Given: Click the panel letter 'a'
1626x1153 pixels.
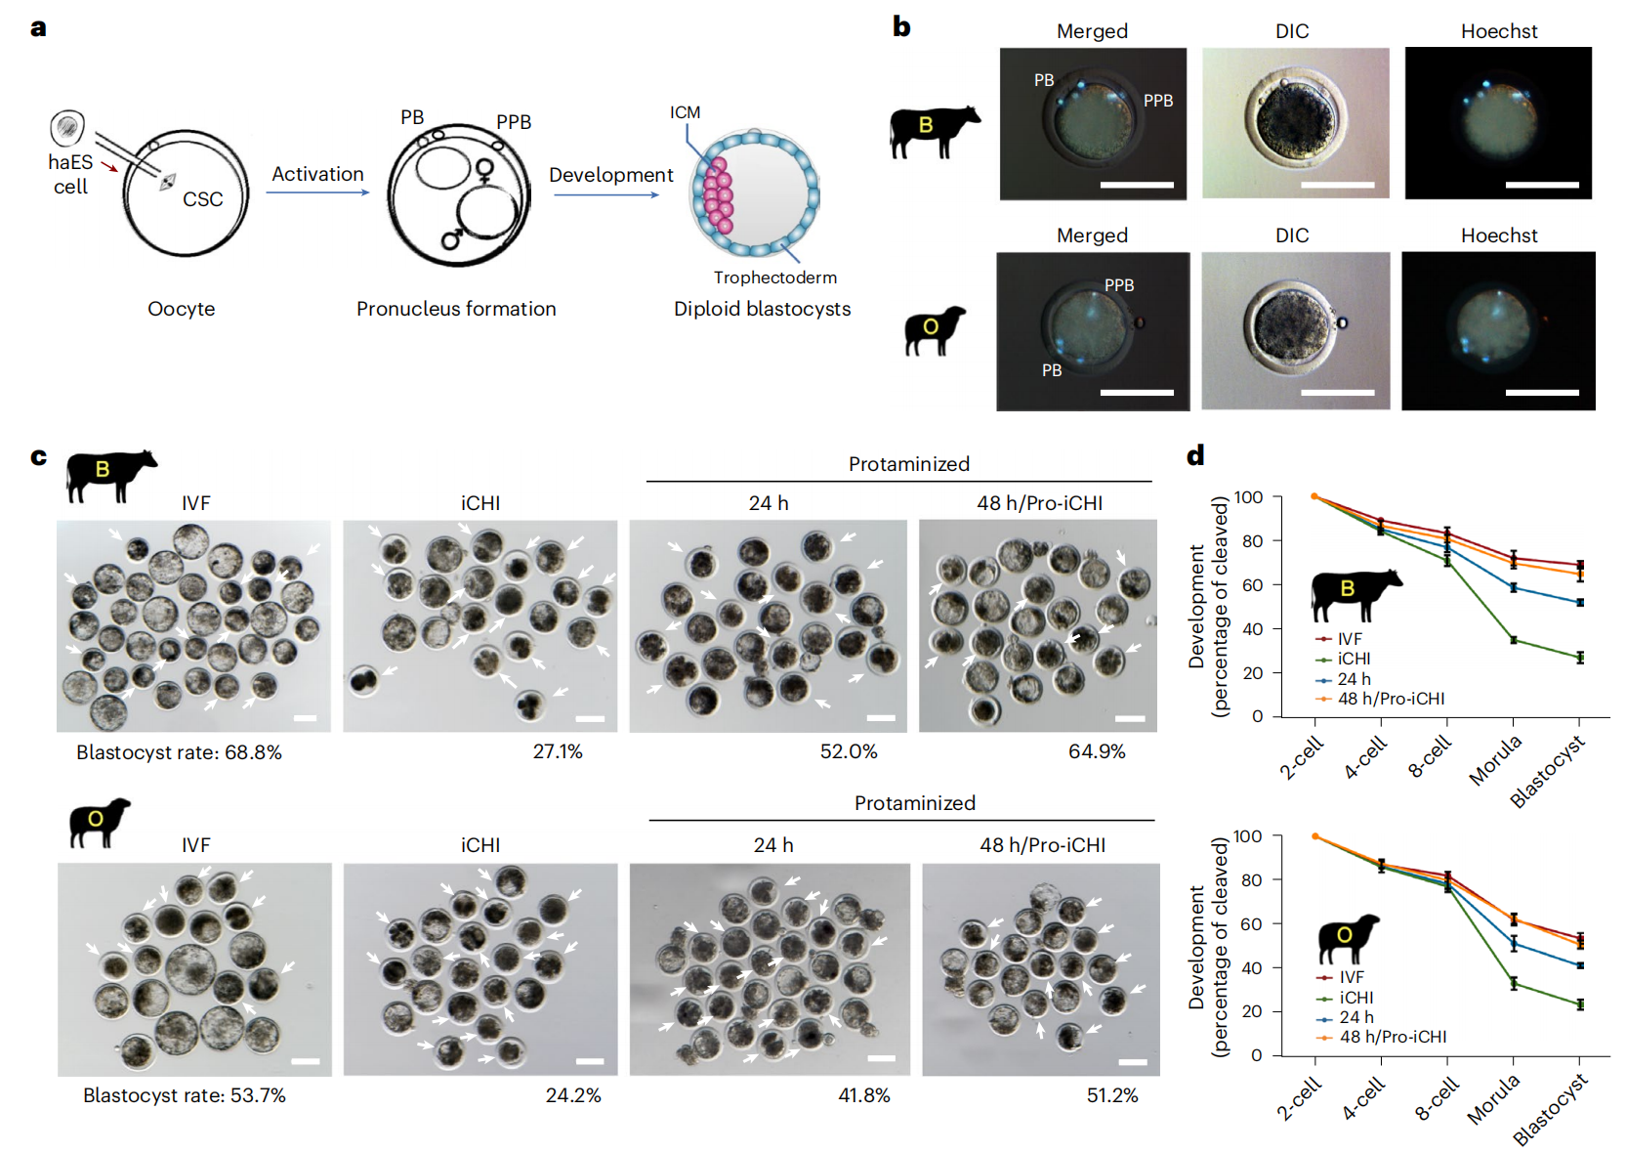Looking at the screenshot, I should pos(38,27).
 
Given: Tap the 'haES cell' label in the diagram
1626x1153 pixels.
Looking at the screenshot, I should pos(70,174).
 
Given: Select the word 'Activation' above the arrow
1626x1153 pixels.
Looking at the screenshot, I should pos(317,174).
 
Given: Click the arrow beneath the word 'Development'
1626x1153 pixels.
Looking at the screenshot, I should pos(606,195).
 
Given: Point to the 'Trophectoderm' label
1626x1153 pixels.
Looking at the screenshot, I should pos(774,278).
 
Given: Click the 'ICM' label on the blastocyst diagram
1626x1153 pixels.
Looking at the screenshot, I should pos(685,112).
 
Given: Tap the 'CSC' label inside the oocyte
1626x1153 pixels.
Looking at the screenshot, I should pos(202,199).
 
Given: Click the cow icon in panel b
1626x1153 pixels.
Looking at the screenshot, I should pos(934,131).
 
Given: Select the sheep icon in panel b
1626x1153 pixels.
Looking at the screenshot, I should pos(934,330).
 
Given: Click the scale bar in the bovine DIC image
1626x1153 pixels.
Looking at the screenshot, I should pos(1337,185).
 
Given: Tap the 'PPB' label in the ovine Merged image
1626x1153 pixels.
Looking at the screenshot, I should pos(1119,285).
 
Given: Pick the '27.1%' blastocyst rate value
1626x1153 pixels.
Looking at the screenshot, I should pos(558,751).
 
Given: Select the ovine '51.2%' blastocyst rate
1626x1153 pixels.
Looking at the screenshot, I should pos(1112,1095).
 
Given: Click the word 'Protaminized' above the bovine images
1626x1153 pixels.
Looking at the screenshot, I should pos(908,464).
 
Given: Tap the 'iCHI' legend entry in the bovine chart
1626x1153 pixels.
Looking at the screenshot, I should pos(1354,659).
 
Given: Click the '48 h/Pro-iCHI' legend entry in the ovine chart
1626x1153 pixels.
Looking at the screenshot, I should pos(1393,1037).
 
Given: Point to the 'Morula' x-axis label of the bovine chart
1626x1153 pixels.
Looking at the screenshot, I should pos(1495,760).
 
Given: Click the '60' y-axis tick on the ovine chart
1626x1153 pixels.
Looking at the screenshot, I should pos(1251,923).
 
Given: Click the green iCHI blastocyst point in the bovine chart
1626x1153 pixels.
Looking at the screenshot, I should pos(1579,658).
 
